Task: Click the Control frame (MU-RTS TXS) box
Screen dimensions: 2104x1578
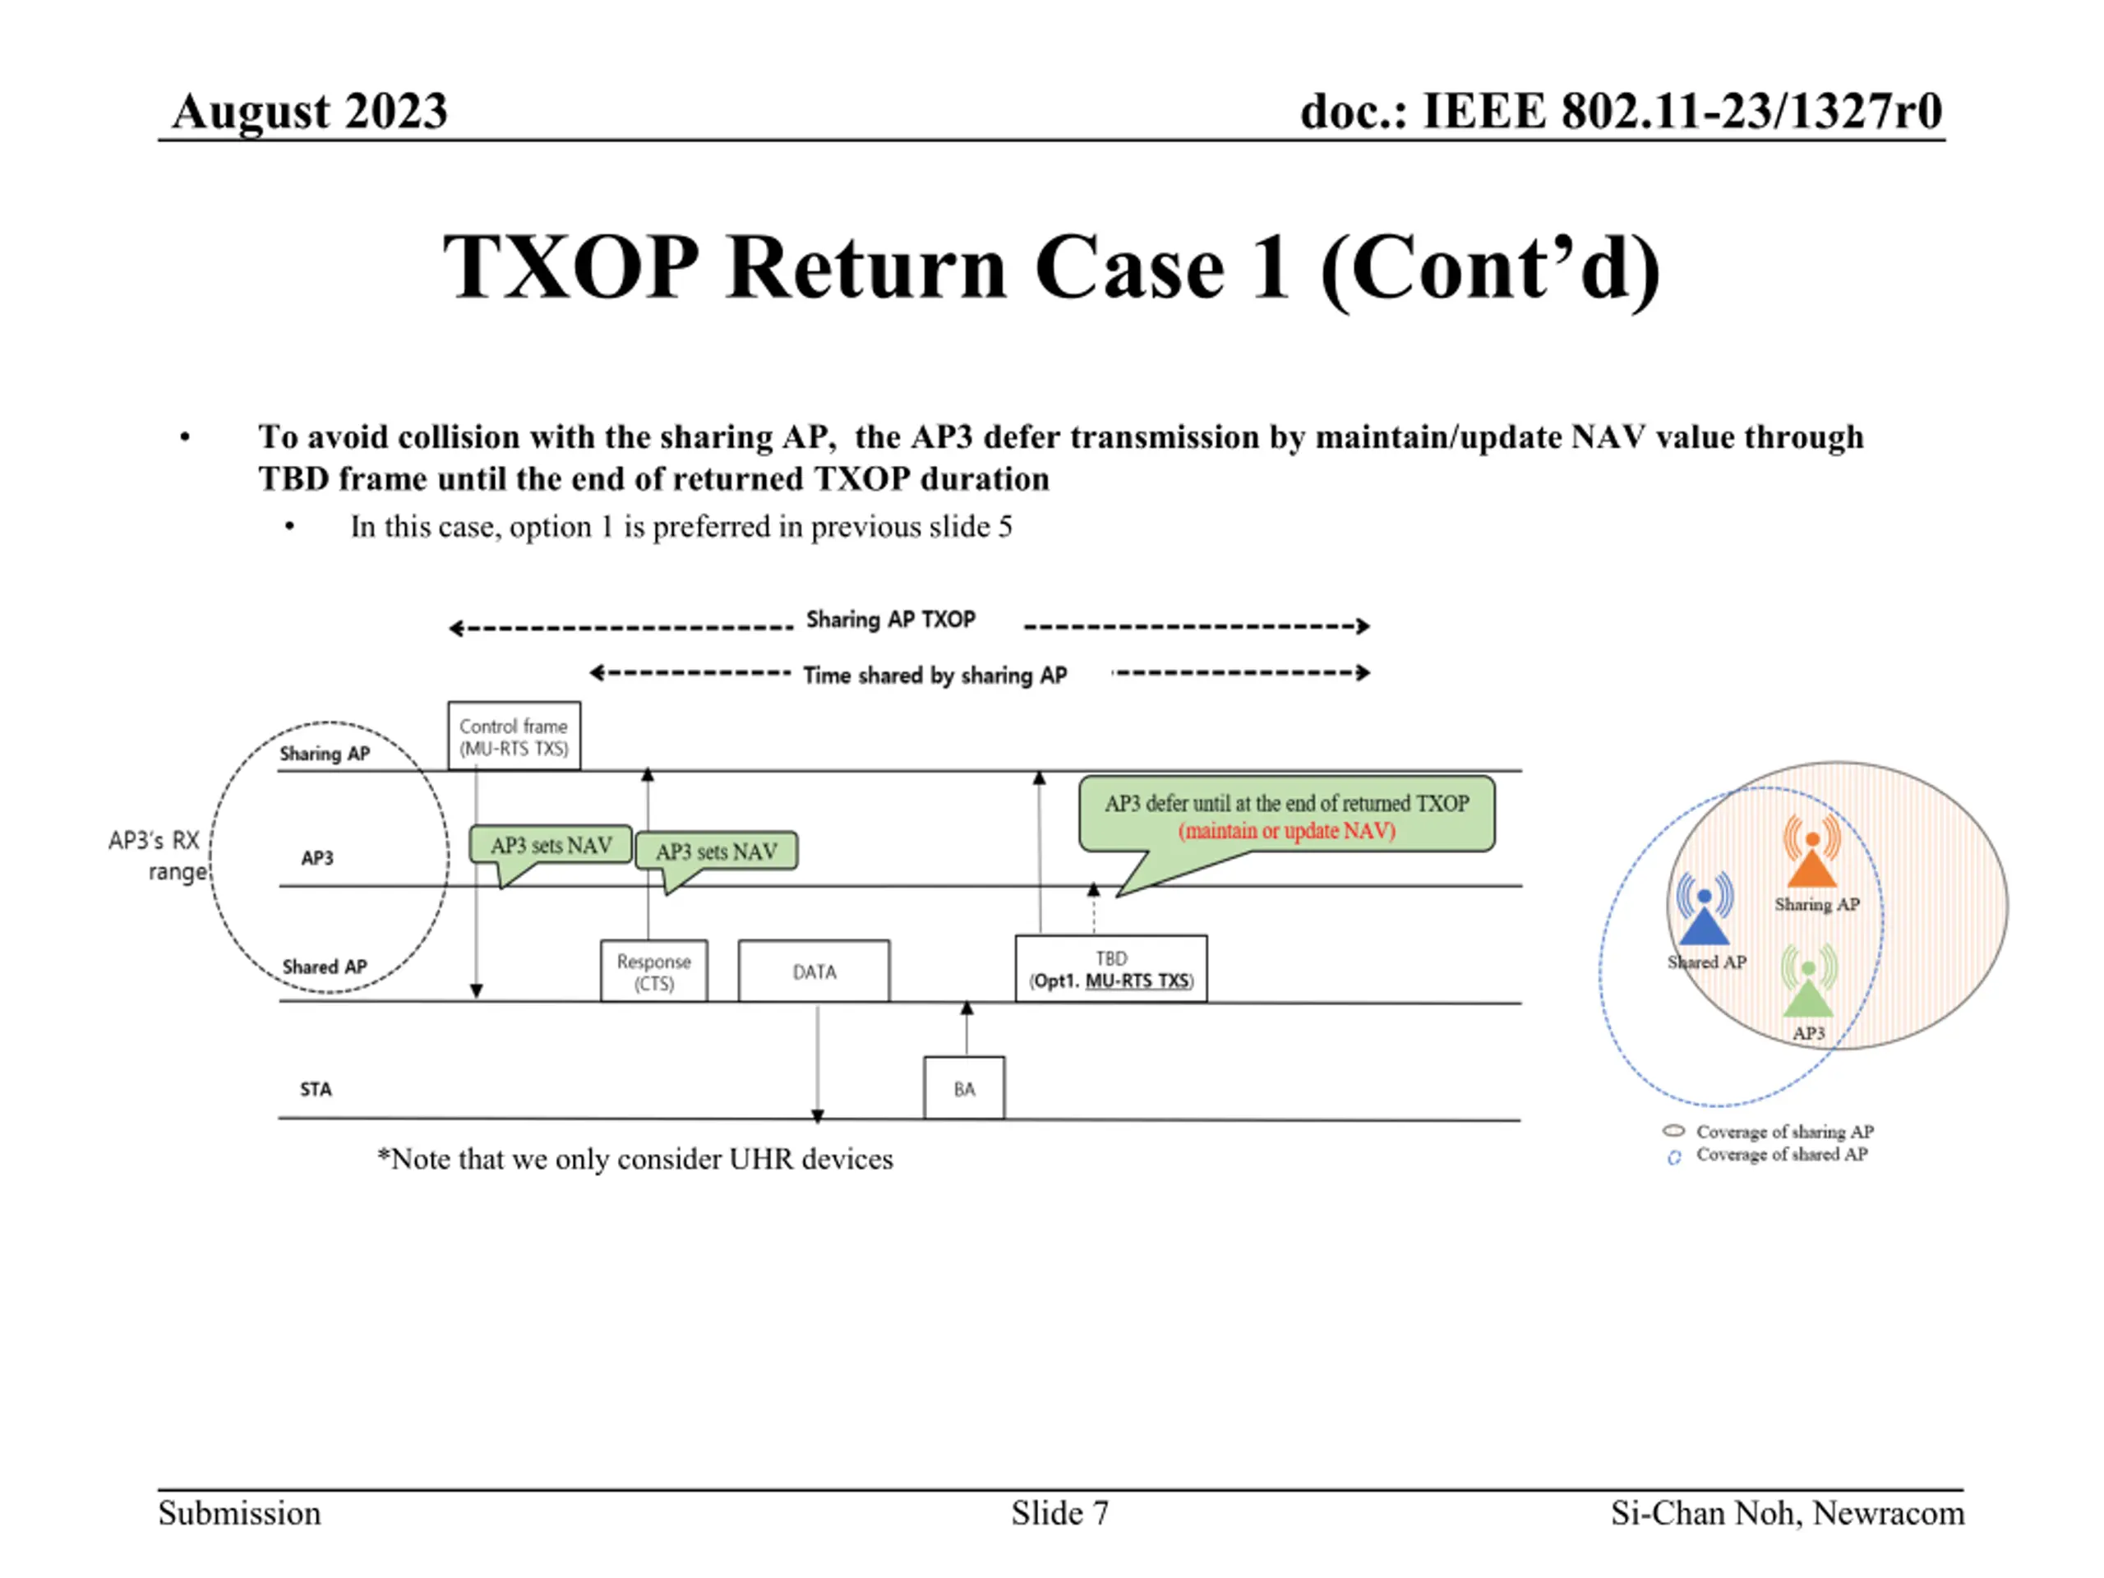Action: click(x=514, y=736)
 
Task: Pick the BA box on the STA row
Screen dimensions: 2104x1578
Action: click(x=963, y=1088)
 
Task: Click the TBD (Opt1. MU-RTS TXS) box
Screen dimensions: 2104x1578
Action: click(x=1111, y=969)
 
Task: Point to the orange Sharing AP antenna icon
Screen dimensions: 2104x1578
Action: click(x=1812, y=851)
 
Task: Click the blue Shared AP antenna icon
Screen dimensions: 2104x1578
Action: click(x=1705, y=909)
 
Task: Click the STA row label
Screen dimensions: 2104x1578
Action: click(x=316, y=1089)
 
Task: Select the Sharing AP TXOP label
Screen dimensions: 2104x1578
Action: click(x=891, y=619)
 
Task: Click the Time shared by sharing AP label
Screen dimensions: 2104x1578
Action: click(x=935, y=676)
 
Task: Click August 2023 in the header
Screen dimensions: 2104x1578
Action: click(x=309, y=111)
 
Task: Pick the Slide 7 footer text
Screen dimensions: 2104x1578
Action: click(x=1059, y=1512)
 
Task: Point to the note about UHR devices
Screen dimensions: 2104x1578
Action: click(x=635, y=1159)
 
